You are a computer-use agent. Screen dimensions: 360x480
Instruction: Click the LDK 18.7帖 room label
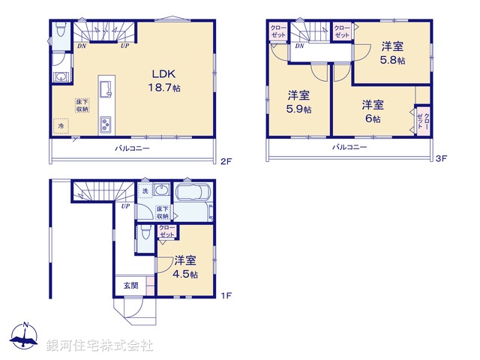click(x=166, y=80)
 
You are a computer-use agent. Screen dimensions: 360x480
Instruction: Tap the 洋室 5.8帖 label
click(x=393, y=51)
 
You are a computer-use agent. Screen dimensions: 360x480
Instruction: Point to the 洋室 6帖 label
click(x=373, y=112)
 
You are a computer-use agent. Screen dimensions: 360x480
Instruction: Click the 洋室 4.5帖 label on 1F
click(x=185, y=268)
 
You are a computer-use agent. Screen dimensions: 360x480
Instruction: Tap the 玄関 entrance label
click(x=130, y=286)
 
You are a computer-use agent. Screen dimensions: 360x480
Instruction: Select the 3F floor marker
click(x=442, y=159)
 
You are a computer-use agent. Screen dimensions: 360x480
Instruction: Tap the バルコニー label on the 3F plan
click(x=350, y=147)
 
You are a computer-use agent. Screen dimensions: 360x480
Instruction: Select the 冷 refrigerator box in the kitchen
click(x=62, y=127)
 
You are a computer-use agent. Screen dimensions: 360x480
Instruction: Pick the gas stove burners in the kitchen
click(x=106, y=124)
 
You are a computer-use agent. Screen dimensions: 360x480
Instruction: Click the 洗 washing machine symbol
click(x=145, y=192)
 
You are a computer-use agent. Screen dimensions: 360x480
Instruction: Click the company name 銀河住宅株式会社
click(x=99, y=346)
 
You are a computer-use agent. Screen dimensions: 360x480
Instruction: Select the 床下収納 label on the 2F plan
click(x=81, y=105)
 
